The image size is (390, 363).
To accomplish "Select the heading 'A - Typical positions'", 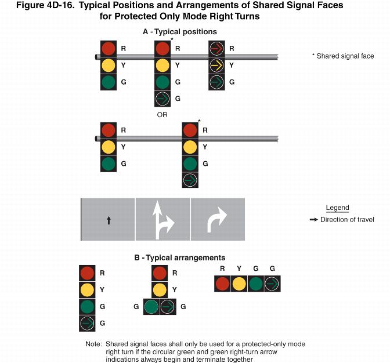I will point(180,31).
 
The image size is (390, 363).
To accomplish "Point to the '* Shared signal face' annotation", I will point(343,56).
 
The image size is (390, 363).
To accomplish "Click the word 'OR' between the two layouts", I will point(162,115).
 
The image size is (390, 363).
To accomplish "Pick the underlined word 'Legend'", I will point(337,208).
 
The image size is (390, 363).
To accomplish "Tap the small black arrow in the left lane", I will point(109,220).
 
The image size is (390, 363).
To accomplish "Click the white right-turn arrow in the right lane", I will point(218,220).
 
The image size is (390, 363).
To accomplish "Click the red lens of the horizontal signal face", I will point(222,284).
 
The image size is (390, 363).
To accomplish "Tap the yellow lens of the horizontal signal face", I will point(239,284).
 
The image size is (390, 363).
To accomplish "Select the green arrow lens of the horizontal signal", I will point(272,284).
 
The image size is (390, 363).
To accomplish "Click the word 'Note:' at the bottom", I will point(93,344).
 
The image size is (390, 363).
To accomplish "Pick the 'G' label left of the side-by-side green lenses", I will point(137,306).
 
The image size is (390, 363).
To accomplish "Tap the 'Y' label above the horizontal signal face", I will point(239,268).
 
